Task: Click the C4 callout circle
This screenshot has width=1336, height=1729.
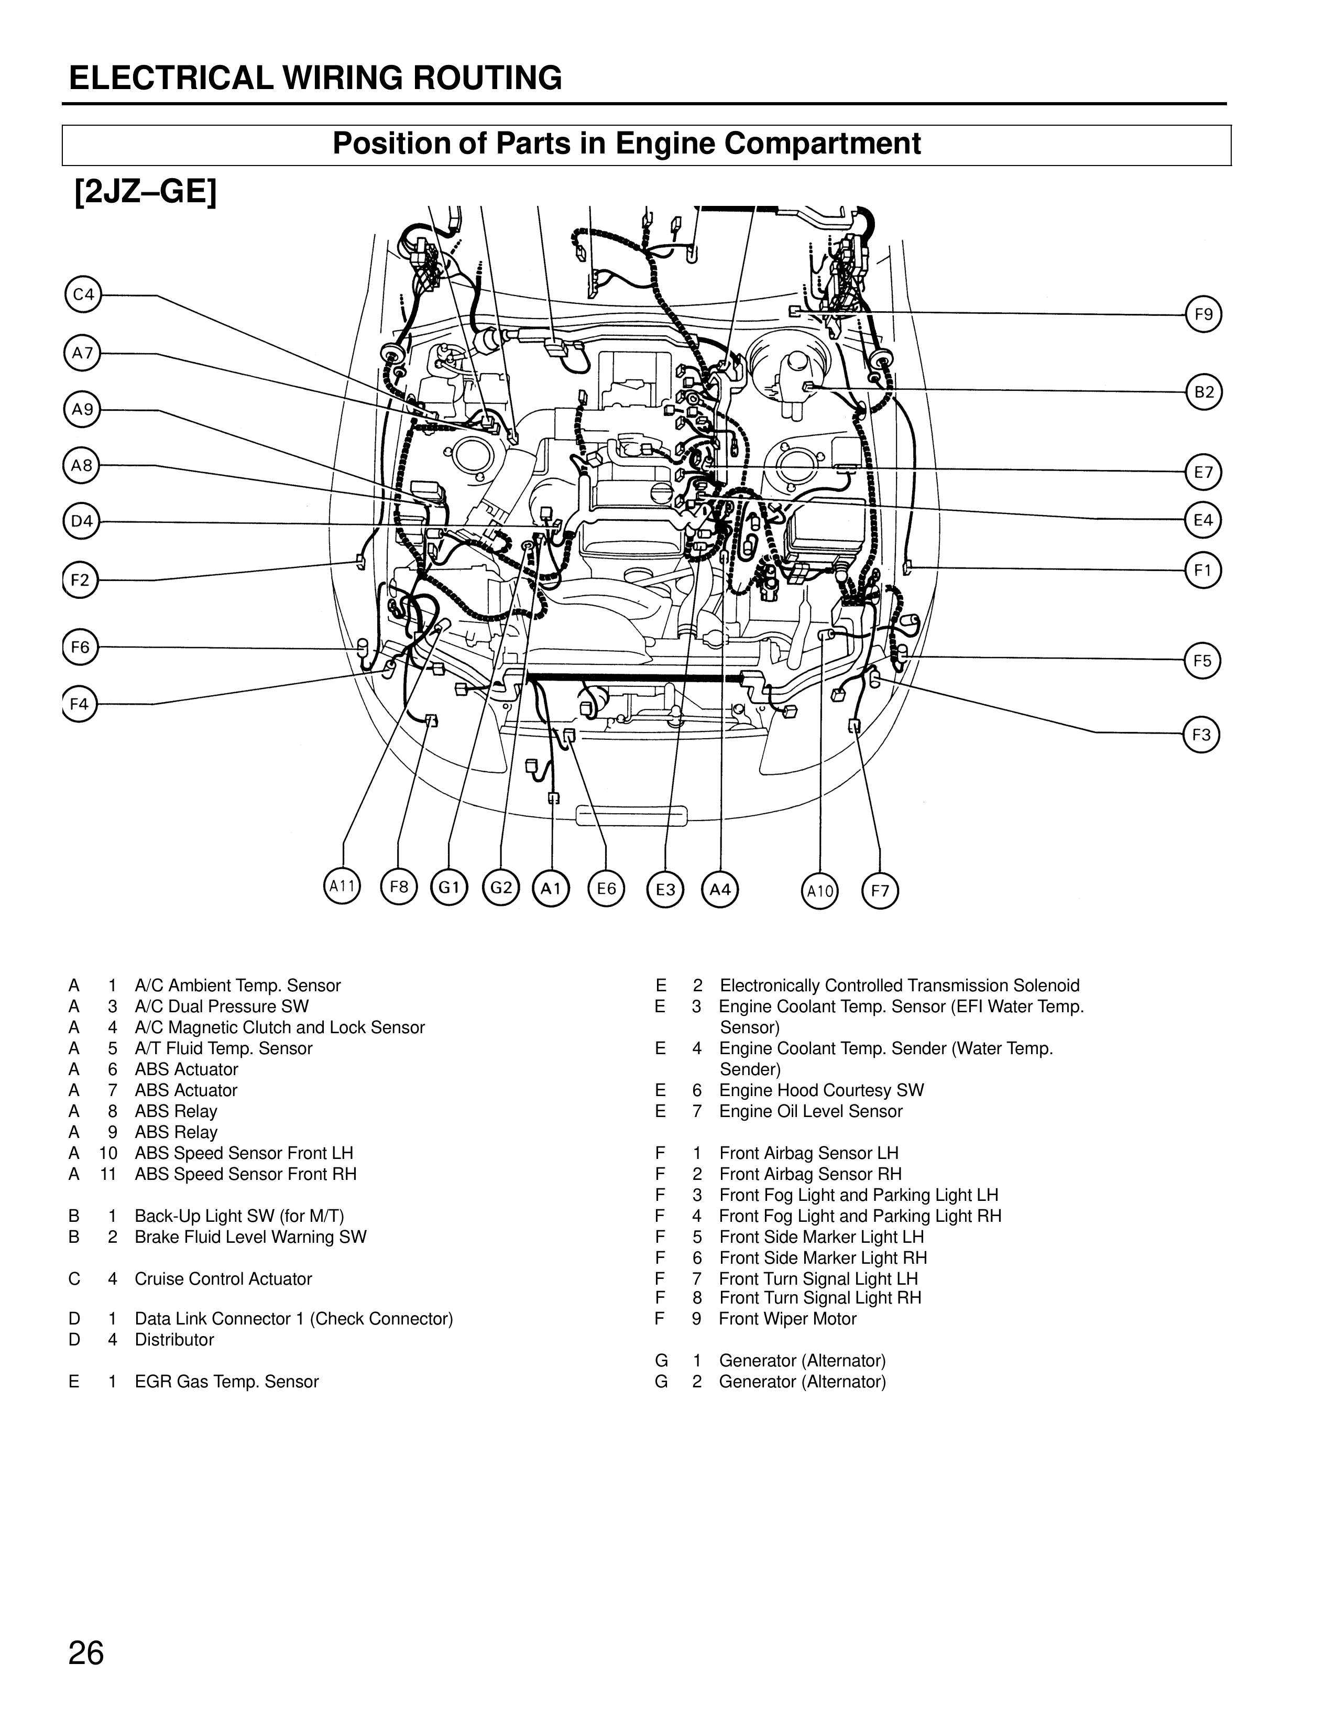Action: (x=82, y=296)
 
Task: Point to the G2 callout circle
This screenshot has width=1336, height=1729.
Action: (x=501, y=888)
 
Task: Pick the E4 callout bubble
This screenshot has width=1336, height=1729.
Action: (x=1203, y=520)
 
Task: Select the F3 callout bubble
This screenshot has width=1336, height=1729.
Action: (x=1201, y=735)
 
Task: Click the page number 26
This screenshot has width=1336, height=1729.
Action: (x=86, y=1654)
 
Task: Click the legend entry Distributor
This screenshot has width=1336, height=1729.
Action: (x=174, y=1340)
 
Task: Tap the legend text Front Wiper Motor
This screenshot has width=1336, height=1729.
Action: (x=787, y=1319)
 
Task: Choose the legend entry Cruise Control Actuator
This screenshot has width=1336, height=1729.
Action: (x=223, y=1278)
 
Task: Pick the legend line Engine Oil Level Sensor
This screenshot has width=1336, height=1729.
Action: (x=811, y=1111)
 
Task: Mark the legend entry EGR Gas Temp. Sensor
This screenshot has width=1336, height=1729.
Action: (x=226, y=1382)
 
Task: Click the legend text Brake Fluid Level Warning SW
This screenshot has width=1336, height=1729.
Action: (x=250, y=1236)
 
